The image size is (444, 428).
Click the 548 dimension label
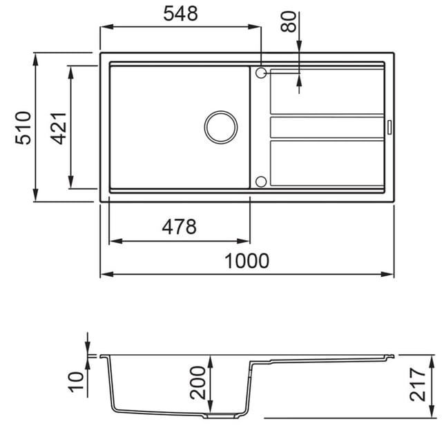(180, 14)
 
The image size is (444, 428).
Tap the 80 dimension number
(288, 21)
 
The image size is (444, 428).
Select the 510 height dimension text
(23, 128)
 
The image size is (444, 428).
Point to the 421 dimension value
(58, 128)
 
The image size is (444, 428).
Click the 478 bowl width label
(179, 226)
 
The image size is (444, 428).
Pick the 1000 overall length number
(247, 261)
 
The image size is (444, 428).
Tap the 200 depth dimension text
(198, 382)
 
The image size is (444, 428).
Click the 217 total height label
(418, 385)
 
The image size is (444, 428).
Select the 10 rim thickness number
(76, 382)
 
